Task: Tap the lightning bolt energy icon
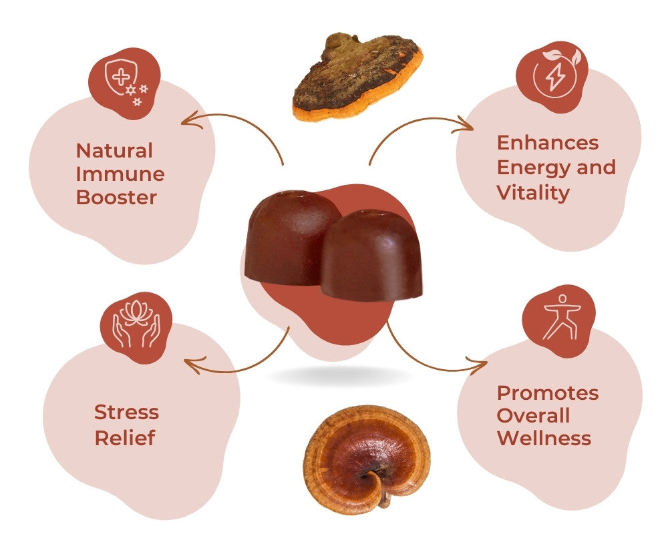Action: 554,78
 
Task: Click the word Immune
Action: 120,174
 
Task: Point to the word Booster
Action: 116,198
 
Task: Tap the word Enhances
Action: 548,143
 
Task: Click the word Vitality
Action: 533,192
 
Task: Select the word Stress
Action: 127,412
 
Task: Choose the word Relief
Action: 125,438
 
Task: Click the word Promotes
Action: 548,392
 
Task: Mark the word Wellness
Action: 544,439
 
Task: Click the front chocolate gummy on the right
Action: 371,257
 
